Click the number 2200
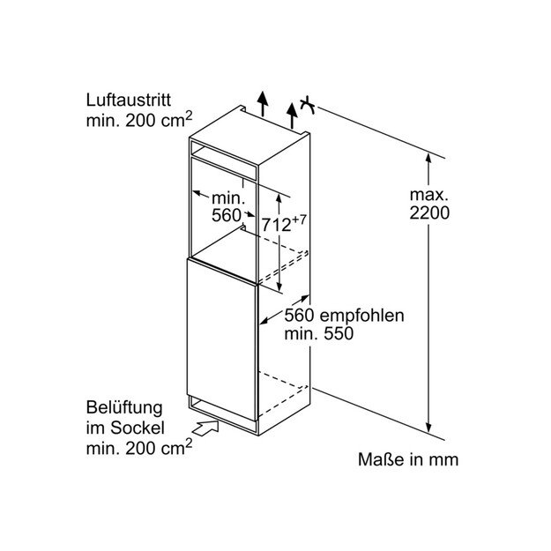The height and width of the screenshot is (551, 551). [x=429, y=212]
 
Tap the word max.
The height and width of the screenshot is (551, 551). [x=428, y=193]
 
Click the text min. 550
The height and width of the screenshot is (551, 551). [x=318, y=334]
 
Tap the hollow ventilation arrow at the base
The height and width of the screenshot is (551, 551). [x=205, y=429]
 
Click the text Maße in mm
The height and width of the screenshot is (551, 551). [x=408, y=459]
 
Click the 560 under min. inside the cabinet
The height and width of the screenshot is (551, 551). [x=227, y=215]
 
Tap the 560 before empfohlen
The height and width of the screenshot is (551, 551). [x=301, y=316]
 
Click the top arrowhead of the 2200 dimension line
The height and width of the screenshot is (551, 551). [x=429, y=157]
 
